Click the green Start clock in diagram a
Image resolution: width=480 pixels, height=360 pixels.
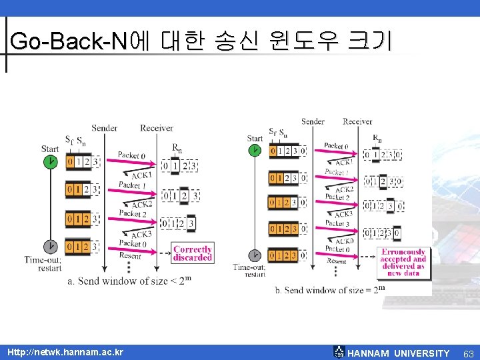pyautogui.click(x=50, y=162)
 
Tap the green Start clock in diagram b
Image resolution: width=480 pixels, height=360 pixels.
pyautogui.click(x=255, y=151)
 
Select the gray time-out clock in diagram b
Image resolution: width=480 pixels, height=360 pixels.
pyautogui.click(x=255, y=255)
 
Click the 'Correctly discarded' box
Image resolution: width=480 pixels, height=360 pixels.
pyautogui.click(x=192, y=253)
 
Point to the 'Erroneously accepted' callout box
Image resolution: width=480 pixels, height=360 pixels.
pyautogui.click(x=403, y=263)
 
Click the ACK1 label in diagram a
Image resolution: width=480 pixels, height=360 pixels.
pyautogui.click(x=141, y=175)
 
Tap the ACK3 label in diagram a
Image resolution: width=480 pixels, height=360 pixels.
pyautogui.click(x=141, y=235)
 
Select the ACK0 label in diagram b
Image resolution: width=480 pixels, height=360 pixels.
pyautogui.click(x=344, y=241)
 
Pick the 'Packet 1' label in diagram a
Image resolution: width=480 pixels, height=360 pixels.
pyautogui.click(x=129, y=185)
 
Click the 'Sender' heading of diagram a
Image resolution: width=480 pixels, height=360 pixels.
pyautogui.click(x=105, y=128)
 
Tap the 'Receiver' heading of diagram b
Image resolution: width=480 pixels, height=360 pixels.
pyautogui.click(x=357, y=121)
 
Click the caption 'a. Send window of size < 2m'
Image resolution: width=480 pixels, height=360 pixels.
pyautogui.click(x=129, y=281)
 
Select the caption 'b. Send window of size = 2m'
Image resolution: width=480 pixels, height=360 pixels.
pyautogui.click(x=330, y=290)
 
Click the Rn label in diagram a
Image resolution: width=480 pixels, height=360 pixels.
pyautogui.click(x=177, y=149)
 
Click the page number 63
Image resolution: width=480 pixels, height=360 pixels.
pyautogui.click(x=468, y=353)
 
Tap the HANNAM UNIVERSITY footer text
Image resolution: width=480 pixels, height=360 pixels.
pyautogui.click(x=399, y=353)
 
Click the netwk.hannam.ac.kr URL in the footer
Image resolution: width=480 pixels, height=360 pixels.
pyautogui.click(x=65, y=352)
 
